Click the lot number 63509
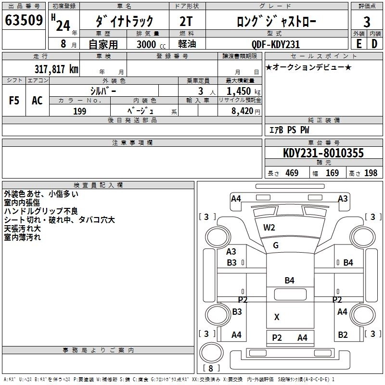click(x=24, y=21)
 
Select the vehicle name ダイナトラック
click(x=125, y=21)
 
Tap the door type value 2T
click(x=187, y=21)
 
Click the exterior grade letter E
click(x=359, y=44)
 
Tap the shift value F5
click(x=14, y=101)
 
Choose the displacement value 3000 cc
click(x=146, y=44)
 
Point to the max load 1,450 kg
click(x=241, y=91)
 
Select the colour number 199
click(x=80, y=111)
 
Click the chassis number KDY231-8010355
click(x=323, y=154)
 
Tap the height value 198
click(x=371, y=173)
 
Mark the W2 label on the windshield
click(x=269, y=228)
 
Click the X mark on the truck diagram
click(x=277, y=317)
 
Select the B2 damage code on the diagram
click(x=343, y=335)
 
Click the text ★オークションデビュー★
click(x=308, y=67)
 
